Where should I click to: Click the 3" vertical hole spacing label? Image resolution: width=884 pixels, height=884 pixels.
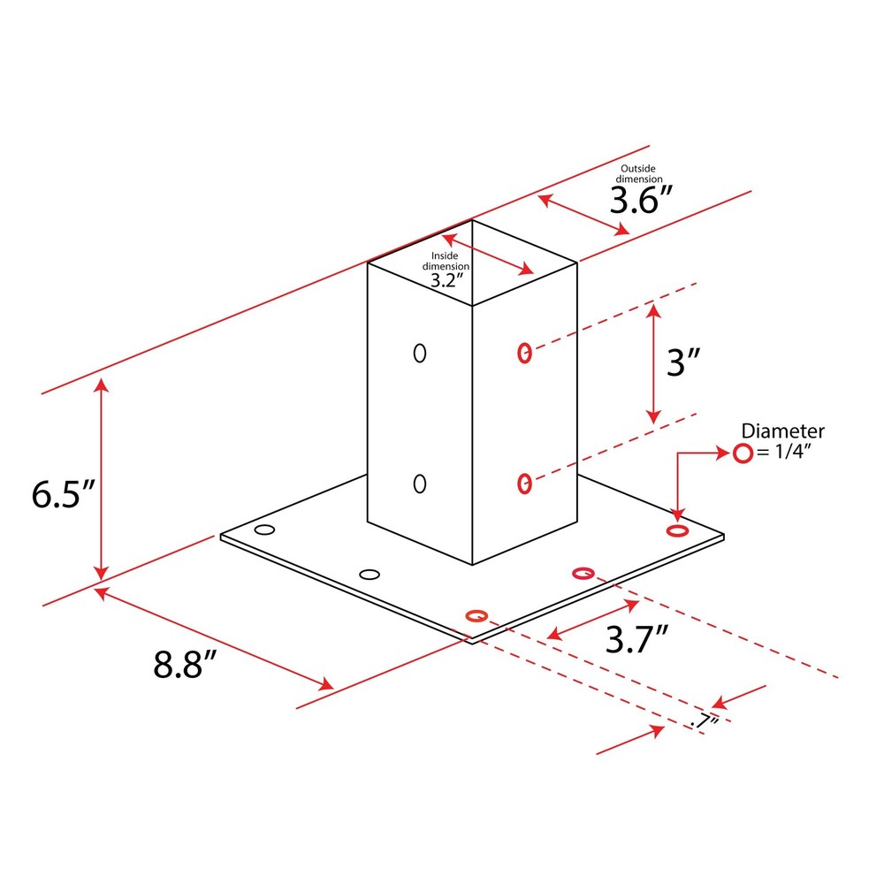[x=682, y=363]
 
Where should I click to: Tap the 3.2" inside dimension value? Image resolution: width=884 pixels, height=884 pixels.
[x=446, y=280]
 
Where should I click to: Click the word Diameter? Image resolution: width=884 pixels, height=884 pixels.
[x=782, y=431]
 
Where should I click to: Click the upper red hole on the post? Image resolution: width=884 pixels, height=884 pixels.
[x=524, y=353]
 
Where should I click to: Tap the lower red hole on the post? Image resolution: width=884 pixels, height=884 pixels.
[x=524, y=483]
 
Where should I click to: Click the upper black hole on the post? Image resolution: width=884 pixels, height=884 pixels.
[x=420, y=353]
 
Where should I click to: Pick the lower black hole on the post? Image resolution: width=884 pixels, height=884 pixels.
[x=420, y=484]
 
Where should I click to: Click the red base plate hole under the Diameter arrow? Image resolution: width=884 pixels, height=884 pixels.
[x=677, y=530]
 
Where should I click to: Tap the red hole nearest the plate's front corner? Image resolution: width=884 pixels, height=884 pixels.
[x=476, y=615]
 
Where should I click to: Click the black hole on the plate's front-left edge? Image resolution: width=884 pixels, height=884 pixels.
[x=370, y=575]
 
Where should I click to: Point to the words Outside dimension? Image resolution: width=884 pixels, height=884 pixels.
[x=641, y=173]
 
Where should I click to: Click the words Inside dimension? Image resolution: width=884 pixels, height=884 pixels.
[x=446, y=260]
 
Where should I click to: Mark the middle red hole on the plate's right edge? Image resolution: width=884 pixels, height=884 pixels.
[x=583, y=574]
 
